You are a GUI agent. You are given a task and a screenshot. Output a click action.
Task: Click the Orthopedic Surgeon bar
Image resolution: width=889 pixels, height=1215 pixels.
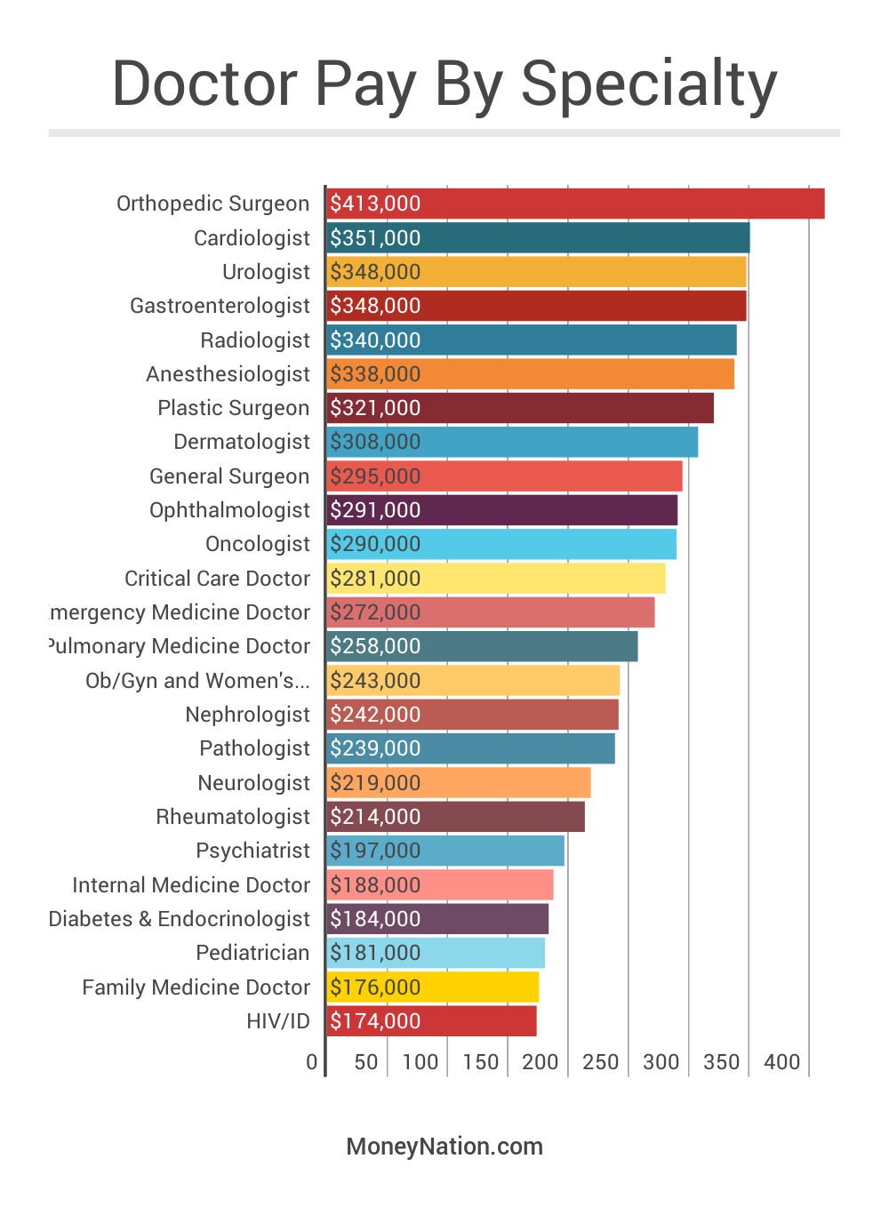(x=576, y=204)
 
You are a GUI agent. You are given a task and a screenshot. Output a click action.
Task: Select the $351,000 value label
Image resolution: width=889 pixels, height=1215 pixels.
(x=375, y=238)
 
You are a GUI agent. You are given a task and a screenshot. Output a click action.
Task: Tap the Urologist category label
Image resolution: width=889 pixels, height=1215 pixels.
(x=266, y=272)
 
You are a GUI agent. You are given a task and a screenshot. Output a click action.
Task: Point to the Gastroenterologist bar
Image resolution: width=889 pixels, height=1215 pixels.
(x=537, y=306)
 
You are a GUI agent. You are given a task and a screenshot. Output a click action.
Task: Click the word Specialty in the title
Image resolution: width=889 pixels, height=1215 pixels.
(x=649, y=84)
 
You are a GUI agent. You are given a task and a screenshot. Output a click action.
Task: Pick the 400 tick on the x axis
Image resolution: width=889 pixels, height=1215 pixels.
(x=782, y=1062)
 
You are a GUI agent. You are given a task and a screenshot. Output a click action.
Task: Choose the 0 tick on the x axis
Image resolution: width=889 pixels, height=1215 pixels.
(x=311, y=1062)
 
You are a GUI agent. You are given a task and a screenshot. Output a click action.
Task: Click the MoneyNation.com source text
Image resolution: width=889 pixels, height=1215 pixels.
(x=444, y=1147)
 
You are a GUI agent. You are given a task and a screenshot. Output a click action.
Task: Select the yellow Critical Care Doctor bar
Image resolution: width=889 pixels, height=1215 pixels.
(x=496, y=579)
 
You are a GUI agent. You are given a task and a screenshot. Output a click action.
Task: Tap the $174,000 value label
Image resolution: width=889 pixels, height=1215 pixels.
(x=375, y=1021)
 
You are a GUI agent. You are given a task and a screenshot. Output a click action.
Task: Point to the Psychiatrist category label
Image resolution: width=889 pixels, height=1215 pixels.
(x=252, y=851)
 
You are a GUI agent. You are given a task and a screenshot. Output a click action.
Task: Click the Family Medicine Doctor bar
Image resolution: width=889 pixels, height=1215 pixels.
(x=433, y=987)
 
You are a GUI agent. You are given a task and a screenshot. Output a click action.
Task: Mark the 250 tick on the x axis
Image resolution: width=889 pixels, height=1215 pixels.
(x=601, y=1062)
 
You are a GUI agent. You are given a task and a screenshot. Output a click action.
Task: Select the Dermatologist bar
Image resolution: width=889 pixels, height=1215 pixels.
(x=512, y=442)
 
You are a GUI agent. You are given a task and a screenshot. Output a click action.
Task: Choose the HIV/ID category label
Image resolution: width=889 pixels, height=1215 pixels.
(x=278, y=1021)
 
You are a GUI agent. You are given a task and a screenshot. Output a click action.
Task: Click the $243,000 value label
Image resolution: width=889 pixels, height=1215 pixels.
(x=375, y=681)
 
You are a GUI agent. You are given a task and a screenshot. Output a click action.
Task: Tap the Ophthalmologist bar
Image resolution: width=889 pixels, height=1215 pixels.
(x=502, y=510)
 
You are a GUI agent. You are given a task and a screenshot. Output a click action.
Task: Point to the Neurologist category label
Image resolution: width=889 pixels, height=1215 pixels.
(x=253, y=783)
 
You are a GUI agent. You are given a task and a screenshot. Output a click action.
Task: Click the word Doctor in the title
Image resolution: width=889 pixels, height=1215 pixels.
(x=204, y=84)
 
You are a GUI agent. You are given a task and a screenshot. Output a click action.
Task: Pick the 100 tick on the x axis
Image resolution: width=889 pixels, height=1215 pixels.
(x=420, y=1062)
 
